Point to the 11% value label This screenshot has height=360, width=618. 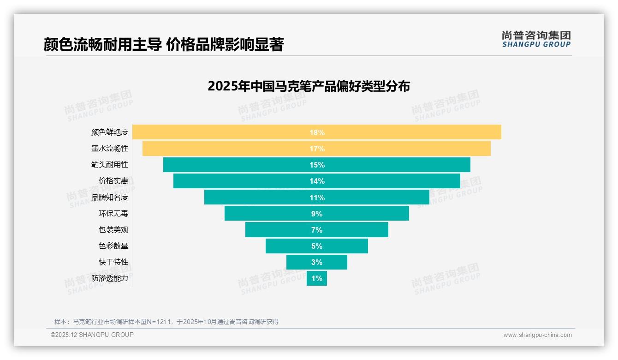click(x=317, y=198)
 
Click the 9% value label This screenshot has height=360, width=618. click(x=317, y=214)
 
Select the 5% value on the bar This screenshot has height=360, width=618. click(x=317, y=246)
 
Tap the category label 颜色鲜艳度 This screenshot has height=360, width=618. click(x=110, y=132)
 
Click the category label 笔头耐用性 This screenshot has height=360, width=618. click(x=110, y=165)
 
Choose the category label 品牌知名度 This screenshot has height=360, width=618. click(x=110, y=198)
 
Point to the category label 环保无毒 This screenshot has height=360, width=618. click(x=113, y=214)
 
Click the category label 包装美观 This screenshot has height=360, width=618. click(x=113, y=230)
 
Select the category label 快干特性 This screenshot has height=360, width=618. click(x=113, y=262)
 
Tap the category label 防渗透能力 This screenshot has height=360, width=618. click(x=110, y=278)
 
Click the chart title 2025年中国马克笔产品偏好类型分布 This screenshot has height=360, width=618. click(x=309, y=86)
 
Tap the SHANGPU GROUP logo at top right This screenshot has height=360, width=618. click(x=536, y=39)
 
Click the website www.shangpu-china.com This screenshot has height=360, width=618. click(x=537, y=335)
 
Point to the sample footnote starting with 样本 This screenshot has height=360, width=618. click(x=166, y=322)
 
